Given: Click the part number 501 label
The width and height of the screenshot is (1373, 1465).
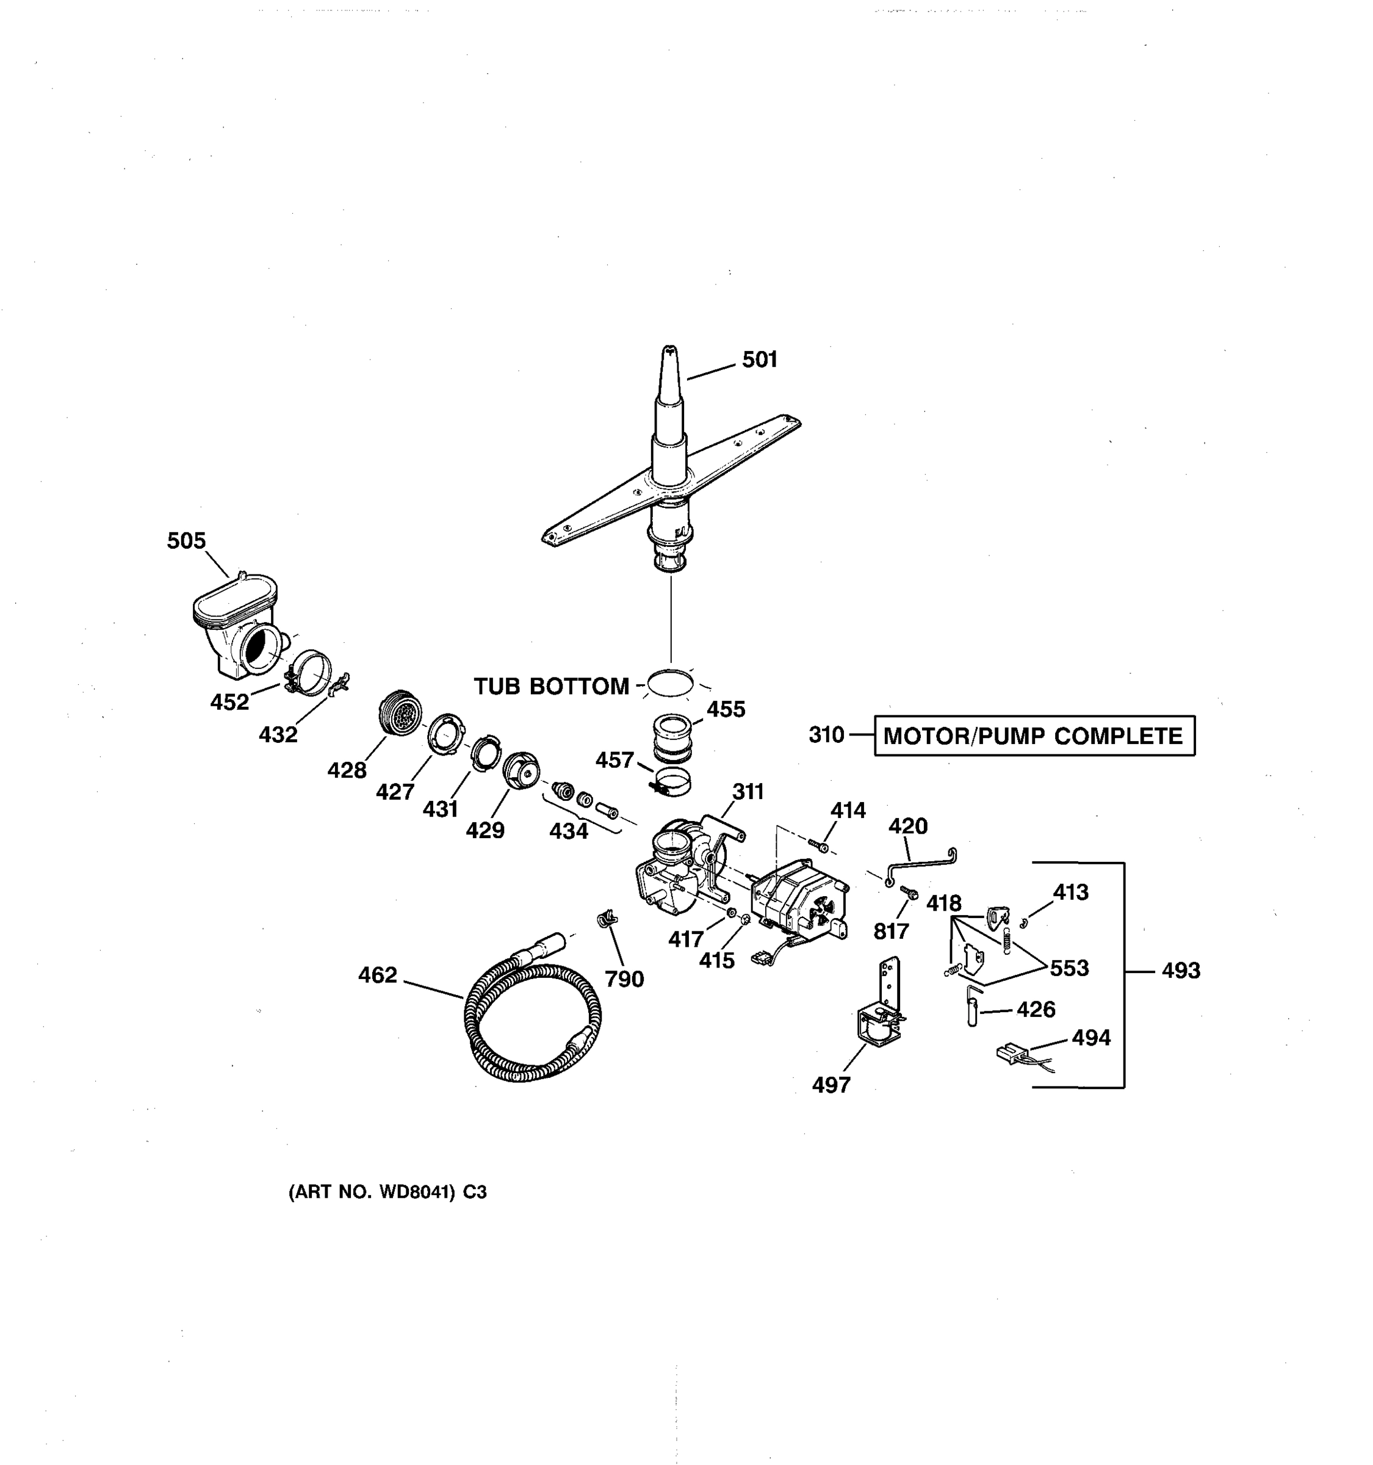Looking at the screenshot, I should point(760,360).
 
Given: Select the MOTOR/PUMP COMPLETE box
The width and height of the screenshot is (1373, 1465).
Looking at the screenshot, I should point(1034,736).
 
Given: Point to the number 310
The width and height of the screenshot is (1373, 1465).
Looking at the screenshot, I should point(826,735).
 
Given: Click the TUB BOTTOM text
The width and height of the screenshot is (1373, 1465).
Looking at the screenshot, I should point(551,686).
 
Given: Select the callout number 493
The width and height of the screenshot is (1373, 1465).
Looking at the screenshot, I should point(1181,971).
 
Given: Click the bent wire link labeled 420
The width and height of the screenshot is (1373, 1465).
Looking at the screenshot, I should point(921,864).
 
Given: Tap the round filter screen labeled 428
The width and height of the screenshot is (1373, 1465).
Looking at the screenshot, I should point(400,712).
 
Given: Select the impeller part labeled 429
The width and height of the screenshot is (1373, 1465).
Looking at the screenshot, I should point(521,771).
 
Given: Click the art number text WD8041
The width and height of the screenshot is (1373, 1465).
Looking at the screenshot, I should point(416,1192).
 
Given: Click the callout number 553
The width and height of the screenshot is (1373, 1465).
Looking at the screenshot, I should point(1068,968).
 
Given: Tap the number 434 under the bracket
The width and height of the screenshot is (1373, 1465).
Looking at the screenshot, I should point(569,831).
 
